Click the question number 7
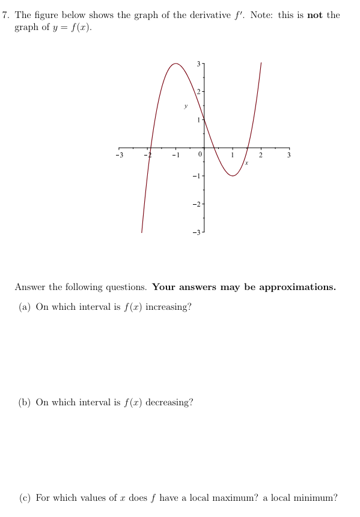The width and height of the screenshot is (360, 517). tap(5, 15)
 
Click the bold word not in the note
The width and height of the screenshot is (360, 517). tap(315, 15)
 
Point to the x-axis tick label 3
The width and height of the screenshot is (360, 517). tap(288, 156)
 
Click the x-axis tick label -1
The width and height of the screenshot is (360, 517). tap(174, 156)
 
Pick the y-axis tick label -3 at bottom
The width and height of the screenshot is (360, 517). tap(195, 232)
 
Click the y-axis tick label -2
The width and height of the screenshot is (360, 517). tap(195, 204)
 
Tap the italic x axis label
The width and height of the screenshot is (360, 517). tap(246, 162)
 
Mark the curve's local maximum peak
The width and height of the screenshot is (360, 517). tap(175, 63)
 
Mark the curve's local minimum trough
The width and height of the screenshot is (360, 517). tap(233, 175)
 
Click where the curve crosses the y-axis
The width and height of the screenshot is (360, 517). tap(203, 115)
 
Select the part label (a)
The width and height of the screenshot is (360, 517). tap(25, 307)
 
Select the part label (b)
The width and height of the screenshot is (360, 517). tap(25, 402)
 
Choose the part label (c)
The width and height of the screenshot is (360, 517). tap(25, 498)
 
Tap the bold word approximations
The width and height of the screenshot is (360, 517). tap(289, 287)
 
